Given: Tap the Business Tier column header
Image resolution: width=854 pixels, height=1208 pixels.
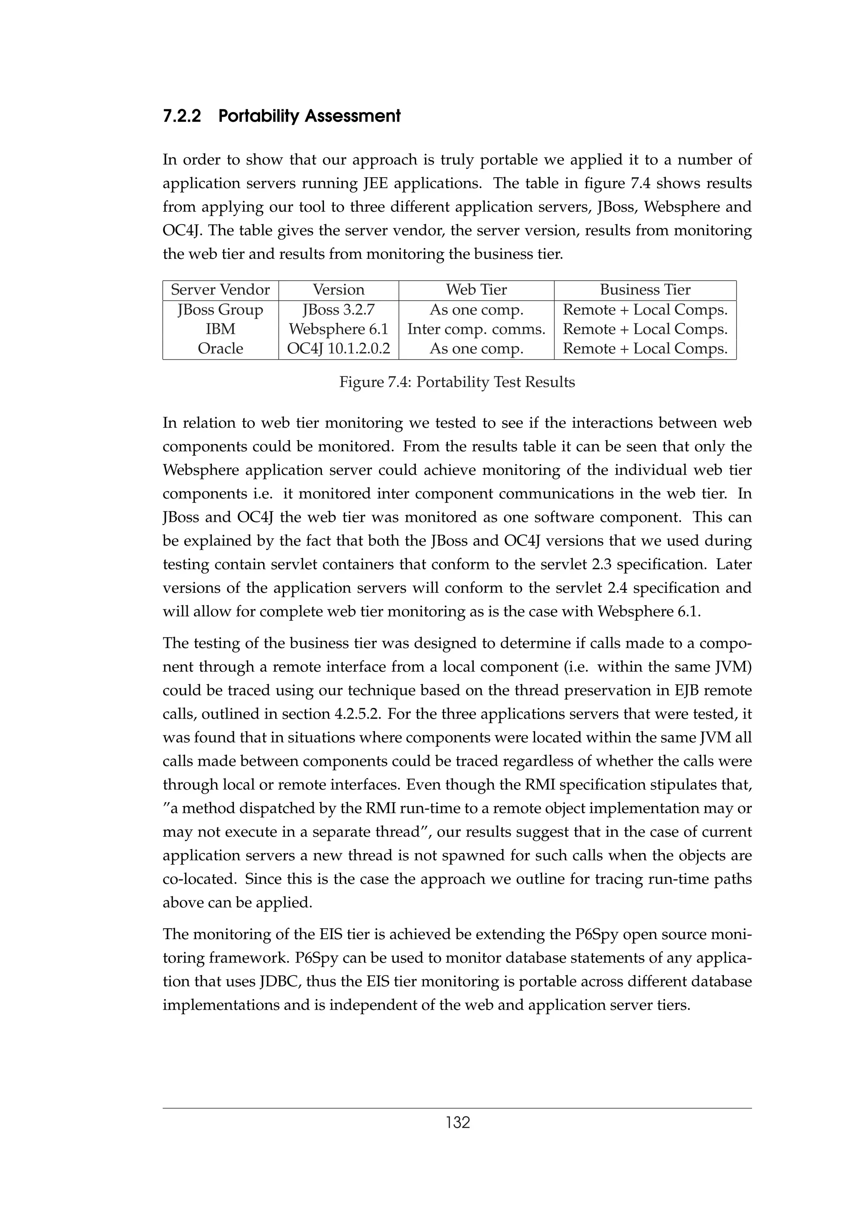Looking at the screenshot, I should tap(645, 290).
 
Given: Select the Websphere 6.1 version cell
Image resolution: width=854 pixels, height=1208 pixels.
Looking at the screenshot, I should tap(338, 329).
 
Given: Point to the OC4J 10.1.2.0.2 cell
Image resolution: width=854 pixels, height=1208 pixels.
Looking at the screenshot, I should tap(338, 349).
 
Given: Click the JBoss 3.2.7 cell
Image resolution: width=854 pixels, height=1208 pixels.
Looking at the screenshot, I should tap(338, 310).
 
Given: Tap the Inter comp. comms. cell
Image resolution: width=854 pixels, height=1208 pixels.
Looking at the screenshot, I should tap(476, 329).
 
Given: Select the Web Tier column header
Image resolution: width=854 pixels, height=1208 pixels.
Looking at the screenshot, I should tap(476, 290).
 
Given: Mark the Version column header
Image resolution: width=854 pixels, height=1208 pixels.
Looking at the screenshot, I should tap(338, 290).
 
